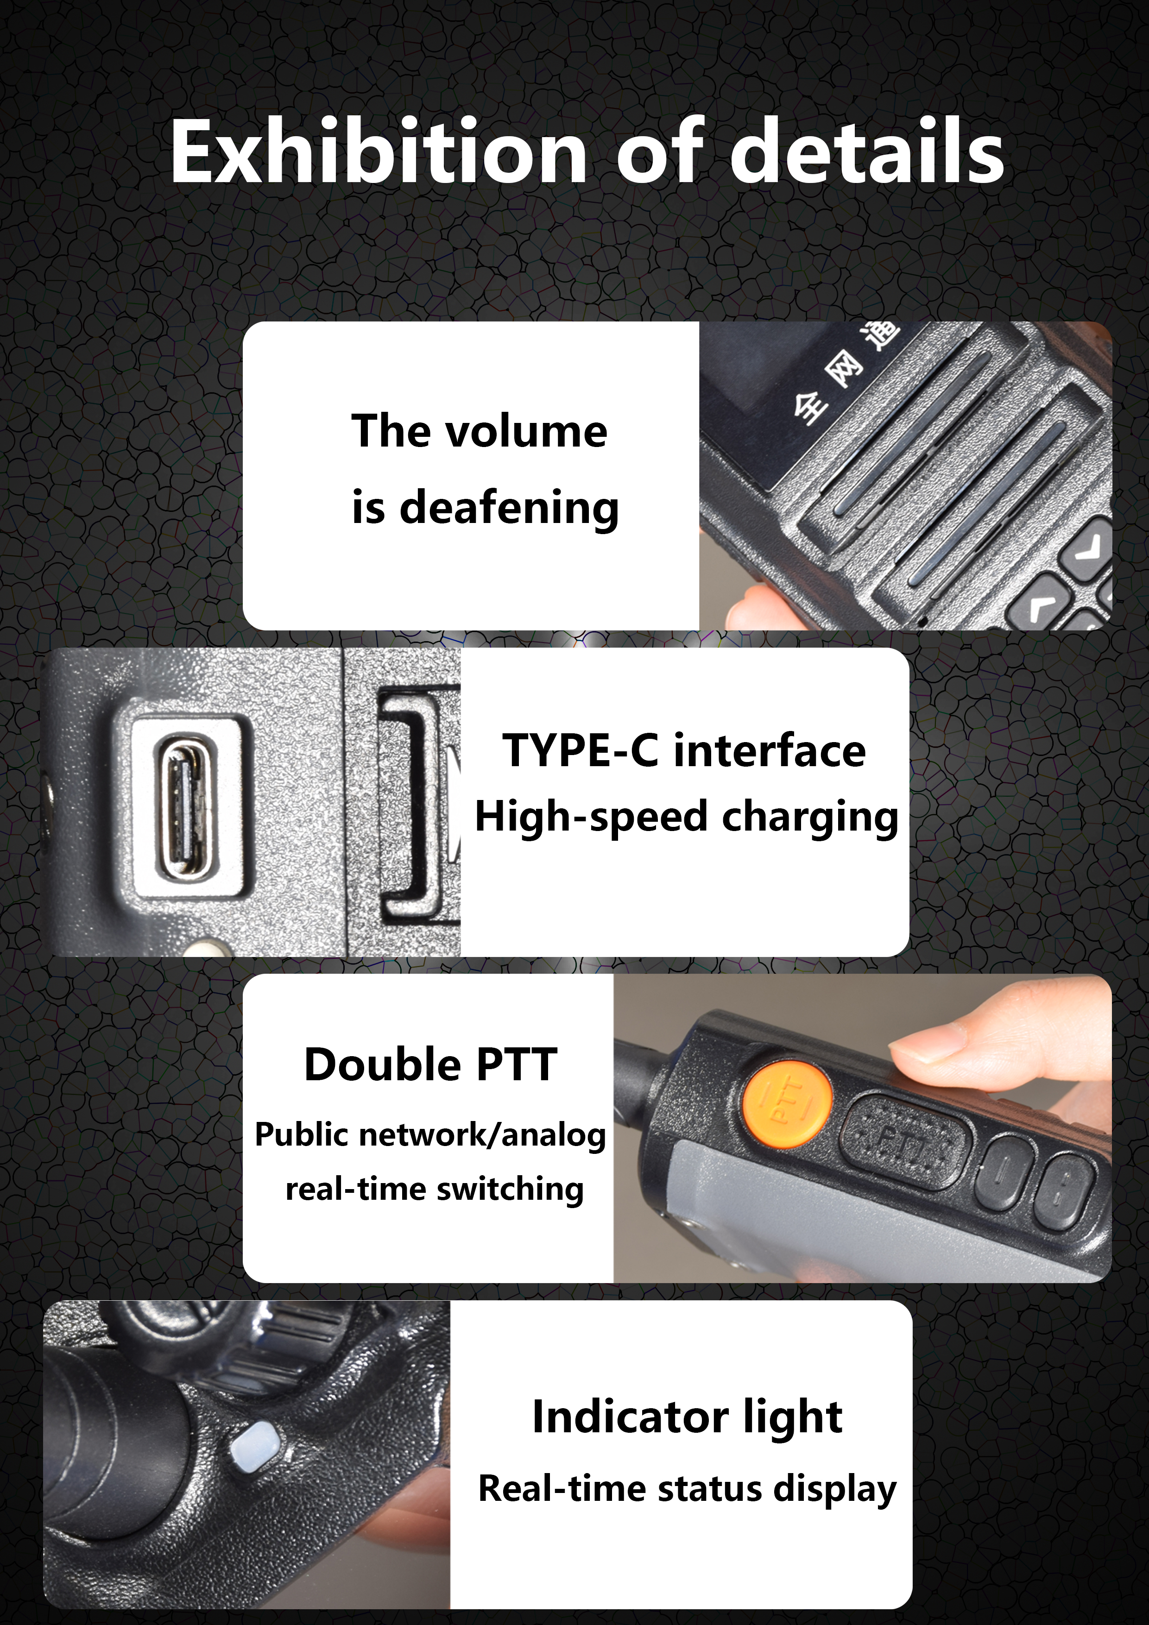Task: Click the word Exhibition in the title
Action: pos(379,151)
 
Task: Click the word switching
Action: pos(510,1190)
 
